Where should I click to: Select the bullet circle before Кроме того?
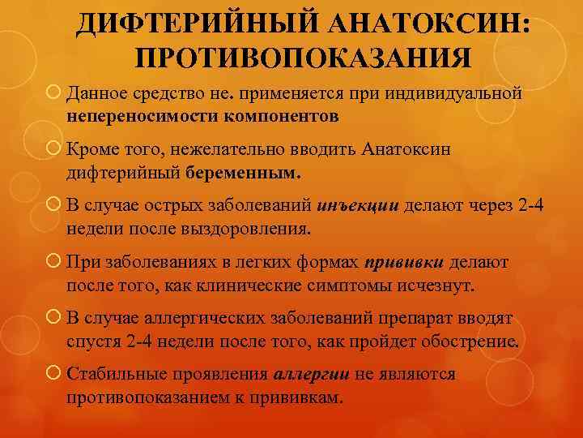(x=53, y=150)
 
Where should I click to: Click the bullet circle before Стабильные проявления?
(x=53, y=376)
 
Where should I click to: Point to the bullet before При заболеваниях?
(x=53, y=263)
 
